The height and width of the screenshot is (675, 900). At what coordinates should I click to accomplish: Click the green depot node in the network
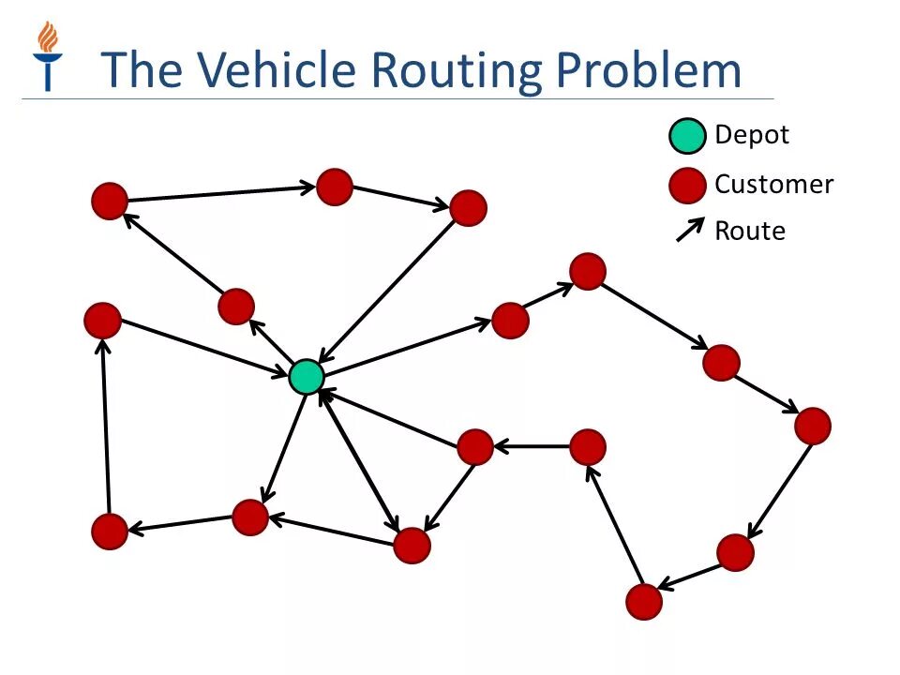point(306,377)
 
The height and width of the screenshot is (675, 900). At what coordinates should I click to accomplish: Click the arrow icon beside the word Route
point(690,230)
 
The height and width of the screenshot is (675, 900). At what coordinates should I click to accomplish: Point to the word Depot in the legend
point(752,135)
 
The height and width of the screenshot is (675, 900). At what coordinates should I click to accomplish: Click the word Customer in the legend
point(773,184)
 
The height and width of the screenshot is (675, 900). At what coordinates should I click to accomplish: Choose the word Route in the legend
point(750,231)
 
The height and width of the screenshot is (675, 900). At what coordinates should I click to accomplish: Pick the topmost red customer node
point(335,187)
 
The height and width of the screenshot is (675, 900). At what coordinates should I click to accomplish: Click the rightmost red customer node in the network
point(813,426)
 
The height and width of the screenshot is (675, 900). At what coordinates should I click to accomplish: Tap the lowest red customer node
point(644,601)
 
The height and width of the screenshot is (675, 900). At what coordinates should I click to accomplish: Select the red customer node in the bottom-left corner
point(110,532)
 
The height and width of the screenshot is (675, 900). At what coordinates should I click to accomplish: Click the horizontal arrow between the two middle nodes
point(532,447)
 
